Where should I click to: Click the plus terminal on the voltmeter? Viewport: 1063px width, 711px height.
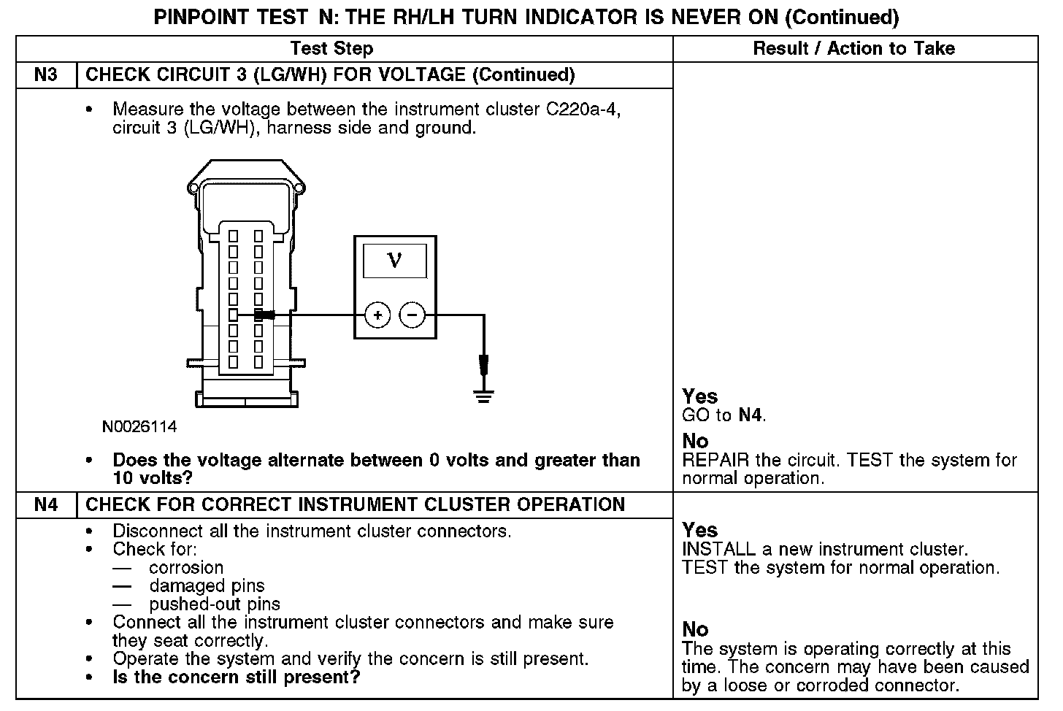(377, 315)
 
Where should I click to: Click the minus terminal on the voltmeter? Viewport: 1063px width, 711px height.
(412, 315)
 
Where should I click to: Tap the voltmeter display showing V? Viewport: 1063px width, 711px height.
(394, 261)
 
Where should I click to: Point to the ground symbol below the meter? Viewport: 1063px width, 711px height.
(483, 396)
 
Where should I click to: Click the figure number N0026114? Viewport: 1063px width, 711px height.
(139, 426)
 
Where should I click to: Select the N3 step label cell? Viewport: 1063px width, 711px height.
(46, 74)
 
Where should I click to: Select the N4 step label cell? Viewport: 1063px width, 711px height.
(46, 504)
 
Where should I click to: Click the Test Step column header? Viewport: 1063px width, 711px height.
(331, 48)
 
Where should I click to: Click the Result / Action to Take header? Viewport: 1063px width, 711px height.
(853, 48)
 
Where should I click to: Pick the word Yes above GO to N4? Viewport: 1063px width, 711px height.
(699, 396)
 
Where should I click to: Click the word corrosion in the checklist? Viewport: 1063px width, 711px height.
(186, 567)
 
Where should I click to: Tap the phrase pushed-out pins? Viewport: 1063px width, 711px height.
(215, 604)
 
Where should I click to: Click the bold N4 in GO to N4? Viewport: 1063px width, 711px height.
(751, 415)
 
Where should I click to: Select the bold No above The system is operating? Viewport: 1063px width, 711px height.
(695, 629)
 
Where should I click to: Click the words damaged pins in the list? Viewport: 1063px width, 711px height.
(207, 585)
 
